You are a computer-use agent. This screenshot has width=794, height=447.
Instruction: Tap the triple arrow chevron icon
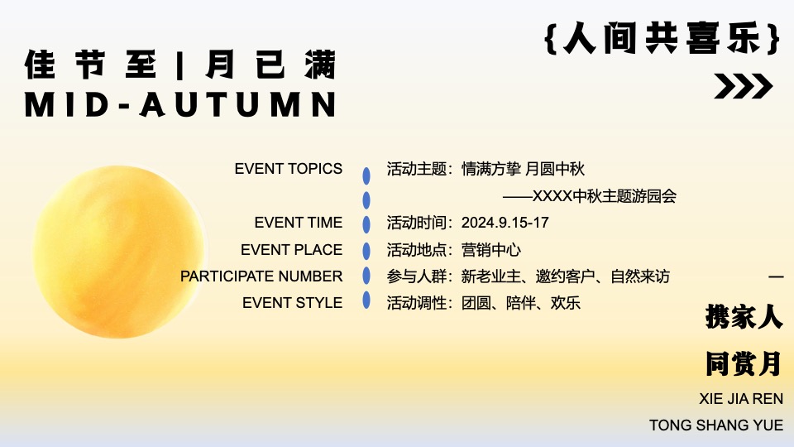coord(743,86)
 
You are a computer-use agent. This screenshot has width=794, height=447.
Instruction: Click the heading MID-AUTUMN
coord(181,104)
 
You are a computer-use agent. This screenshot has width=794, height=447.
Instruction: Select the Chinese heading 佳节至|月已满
coord(181,65)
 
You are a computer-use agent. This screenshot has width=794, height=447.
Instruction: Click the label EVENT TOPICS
coord(288,169)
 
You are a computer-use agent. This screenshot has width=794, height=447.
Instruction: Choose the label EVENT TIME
coord(298,223)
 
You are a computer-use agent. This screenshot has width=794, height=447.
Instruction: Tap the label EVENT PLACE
coord(291,249)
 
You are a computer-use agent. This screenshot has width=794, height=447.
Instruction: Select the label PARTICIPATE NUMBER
coord(261,276)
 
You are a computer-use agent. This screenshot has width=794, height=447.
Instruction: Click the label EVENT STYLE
coord(292,303)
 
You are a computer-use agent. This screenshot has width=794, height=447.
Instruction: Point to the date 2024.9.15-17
coord(505,223)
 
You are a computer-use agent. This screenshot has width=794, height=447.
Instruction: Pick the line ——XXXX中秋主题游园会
coord(590,196)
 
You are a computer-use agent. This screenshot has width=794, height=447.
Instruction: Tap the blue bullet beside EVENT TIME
coord(366,223)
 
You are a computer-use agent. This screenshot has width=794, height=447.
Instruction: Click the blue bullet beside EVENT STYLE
coord(366,302)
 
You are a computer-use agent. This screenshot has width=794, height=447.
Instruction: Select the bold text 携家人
coord(744,316)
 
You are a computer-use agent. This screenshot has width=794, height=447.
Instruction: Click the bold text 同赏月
coord(744,363)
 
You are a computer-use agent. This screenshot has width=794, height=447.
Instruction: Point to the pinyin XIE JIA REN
coord(741,399)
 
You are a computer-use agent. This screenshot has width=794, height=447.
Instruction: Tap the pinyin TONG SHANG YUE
coord(716,425)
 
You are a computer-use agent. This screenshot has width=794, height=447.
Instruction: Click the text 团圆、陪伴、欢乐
coord(521,303)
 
